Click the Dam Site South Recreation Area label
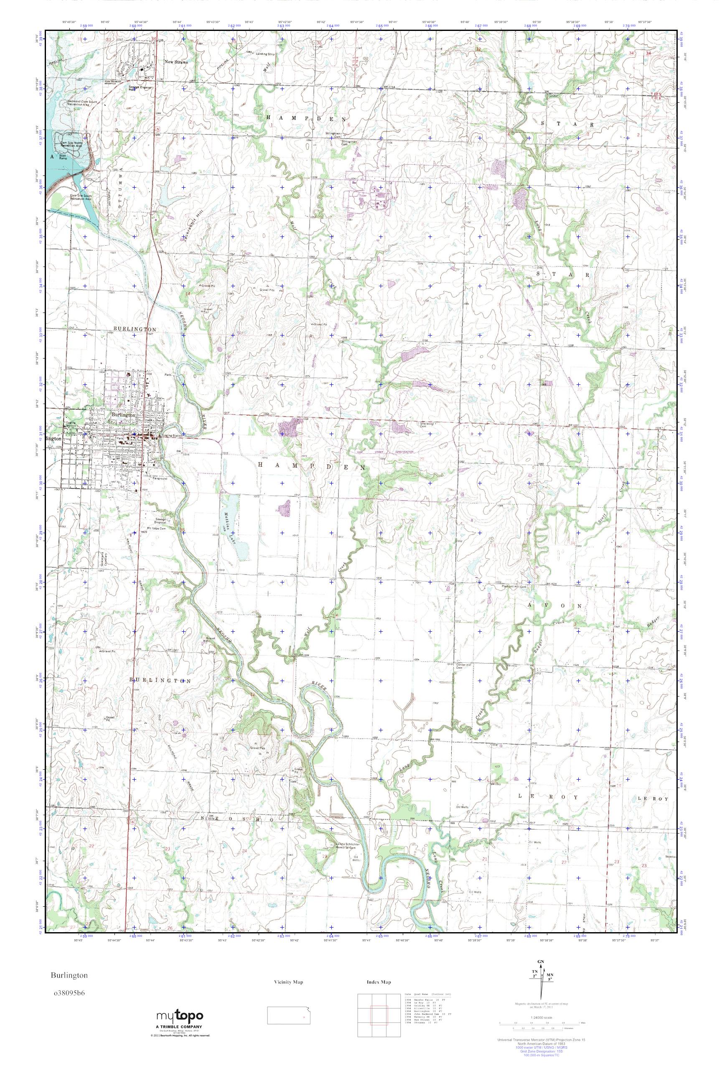pos(81,197)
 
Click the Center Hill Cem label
pos(452,666)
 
